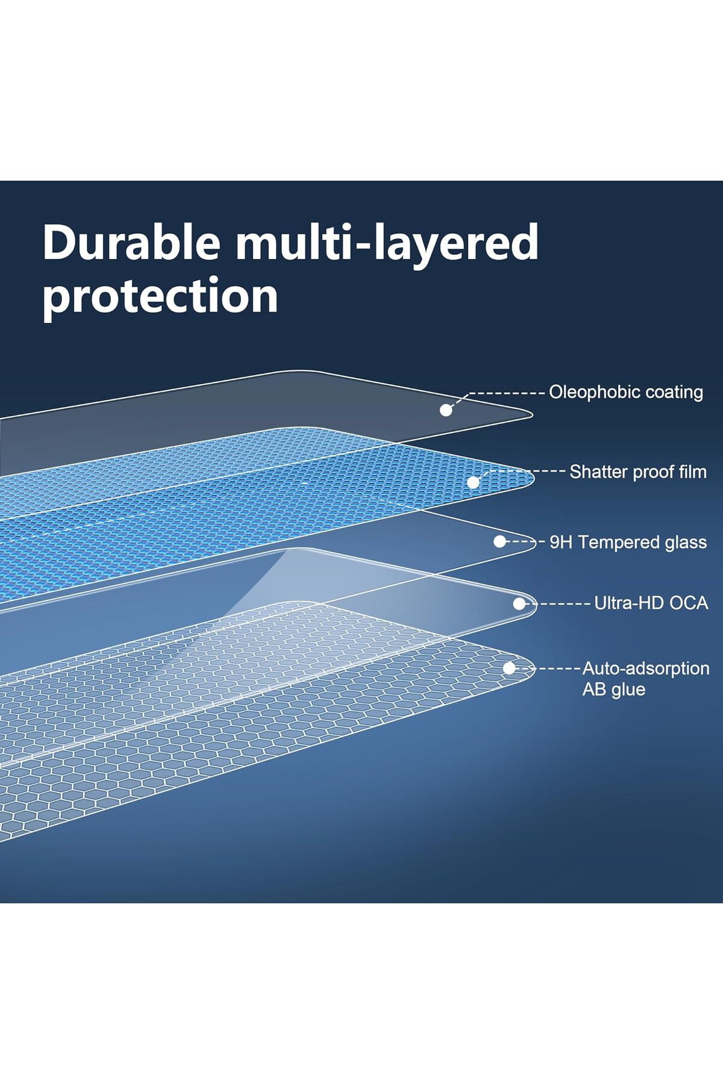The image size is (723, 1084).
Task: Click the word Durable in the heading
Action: pos(131,242)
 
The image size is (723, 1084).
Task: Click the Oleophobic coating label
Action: pos(626,393)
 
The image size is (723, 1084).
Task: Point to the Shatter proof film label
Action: pos(638,472)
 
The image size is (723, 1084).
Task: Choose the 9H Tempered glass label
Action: pos(628,543)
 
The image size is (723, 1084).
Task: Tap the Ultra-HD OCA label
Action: pos(651,603)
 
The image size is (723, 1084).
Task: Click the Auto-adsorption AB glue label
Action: pos(646,679)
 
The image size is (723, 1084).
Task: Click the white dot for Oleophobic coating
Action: pos(446,410)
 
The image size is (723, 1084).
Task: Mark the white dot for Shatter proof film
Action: pos(474,482)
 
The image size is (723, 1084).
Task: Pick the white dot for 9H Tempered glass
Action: pos(499,541)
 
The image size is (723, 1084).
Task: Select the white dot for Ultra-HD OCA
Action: pos(519,603)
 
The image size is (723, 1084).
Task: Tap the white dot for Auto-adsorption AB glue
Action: pos(509,668)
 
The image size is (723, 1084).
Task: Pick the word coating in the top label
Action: pos(674,393)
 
